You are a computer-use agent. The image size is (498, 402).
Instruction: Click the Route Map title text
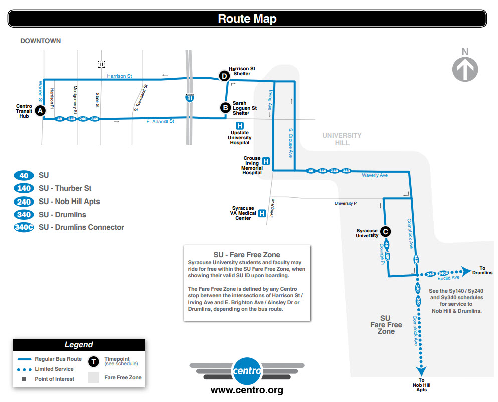(x=247, y=19)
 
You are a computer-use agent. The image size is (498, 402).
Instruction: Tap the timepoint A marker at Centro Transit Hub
(x=40, y=110)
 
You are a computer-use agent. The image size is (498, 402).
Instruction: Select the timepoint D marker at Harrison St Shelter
(x=224, y=76)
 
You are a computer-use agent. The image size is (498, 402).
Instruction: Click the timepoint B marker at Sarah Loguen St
(x=226, y=107)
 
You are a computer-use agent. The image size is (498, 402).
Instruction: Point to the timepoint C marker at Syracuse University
(x=385, y=231)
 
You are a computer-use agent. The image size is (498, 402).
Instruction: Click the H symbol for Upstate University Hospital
(x=240, y=126)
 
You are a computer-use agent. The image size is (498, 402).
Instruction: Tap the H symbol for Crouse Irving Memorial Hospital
(x=266, y=161)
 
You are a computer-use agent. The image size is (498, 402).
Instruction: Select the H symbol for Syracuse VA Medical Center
(x=261, y=213)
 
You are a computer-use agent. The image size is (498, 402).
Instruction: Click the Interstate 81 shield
(x=190, y=98)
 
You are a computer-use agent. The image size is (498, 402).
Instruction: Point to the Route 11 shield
(x=101, y=64)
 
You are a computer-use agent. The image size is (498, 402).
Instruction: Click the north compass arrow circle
(x=465, y=68)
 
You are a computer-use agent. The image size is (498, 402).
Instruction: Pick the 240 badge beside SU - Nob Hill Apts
(x=24, y=202)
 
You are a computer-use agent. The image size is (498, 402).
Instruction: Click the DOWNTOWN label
(x=40, y=41)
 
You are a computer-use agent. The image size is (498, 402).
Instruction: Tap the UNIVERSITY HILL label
(x=342, y=139)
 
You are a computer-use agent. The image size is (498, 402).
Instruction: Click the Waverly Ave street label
(x=374, y=176)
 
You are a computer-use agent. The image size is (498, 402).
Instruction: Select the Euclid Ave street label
(x=448, y=278)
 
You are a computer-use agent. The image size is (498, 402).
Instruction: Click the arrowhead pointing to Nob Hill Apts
(x=421, y=371)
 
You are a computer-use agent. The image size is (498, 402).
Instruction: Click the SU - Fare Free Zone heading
(x=247, y=255)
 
